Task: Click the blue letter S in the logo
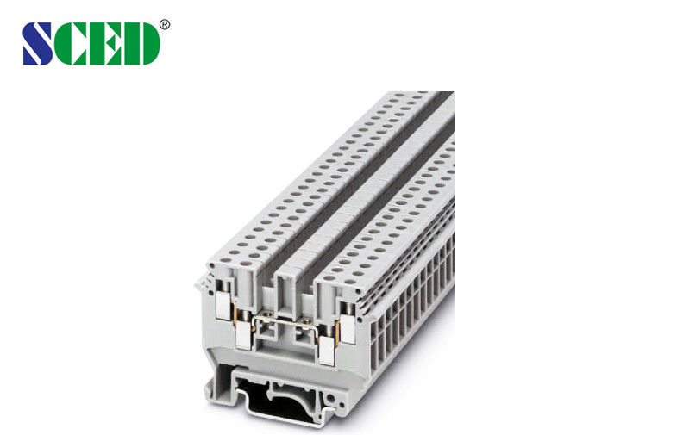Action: pos(39,43)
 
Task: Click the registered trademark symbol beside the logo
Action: pos(165,25)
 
